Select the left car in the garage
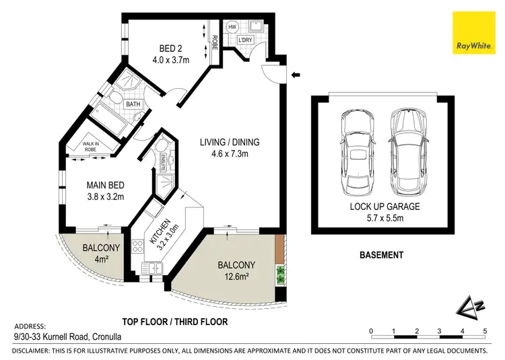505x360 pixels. coord(357,149)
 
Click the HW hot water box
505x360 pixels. coord(232,27)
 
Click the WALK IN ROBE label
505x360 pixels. coord(91,147)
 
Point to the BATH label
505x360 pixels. coord(133,104)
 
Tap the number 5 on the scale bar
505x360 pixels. coord(485,331)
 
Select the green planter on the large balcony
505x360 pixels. coord(281,273)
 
